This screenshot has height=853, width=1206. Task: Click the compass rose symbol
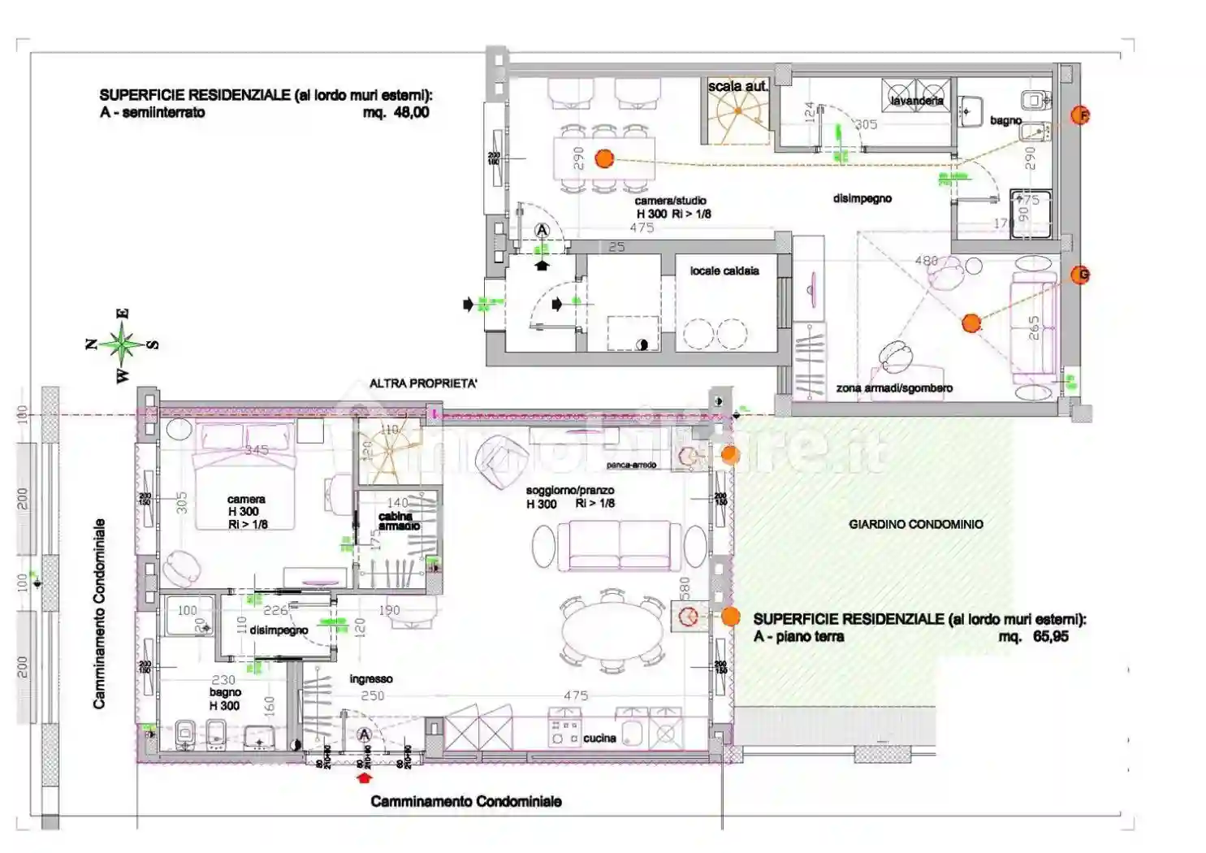coord(123,344)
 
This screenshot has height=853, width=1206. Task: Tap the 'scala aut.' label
coord(737,86)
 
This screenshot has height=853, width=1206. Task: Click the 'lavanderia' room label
coord(917,101)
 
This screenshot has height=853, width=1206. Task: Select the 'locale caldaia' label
coord(724,271)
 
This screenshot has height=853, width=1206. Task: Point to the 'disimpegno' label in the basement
coord(862,198)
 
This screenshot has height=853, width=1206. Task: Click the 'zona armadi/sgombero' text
coord(894,388)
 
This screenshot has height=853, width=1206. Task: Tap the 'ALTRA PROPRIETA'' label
coord(423,383)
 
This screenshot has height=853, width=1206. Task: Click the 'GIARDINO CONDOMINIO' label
coord(915,524)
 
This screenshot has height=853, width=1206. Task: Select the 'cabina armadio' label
coord(398,521)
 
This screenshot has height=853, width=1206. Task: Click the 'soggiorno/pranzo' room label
coord(569,491)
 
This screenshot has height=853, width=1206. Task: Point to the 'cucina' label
coord(599,738)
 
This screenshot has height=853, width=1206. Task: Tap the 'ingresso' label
coord(371,679)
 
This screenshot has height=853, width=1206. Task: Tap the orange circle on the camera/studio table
coord(604,158)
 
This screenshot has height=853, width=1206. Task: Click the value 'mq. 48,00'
coord(396,113)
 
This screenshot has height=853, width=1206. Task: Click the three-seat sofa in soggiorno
coord(620,545)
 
